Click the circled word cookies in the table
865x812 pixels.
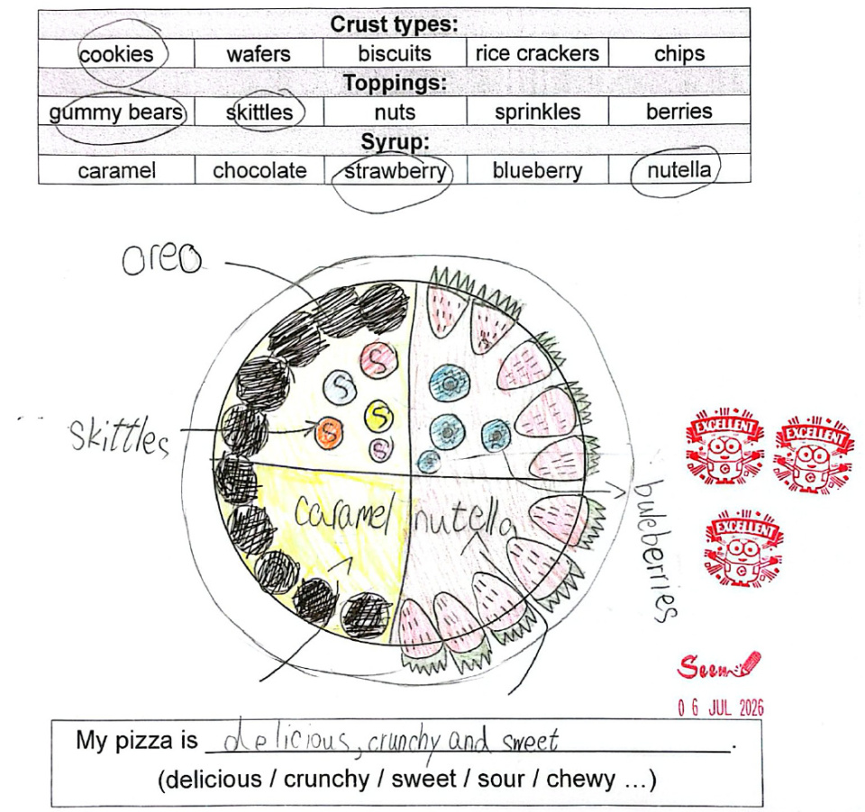click(x=116, y=54)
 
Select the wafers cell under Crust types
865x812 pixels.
click(x=259, y=54)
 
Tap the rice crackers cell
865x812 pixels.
click(x=537, y=53)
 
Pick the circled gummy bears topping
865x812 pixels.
click(x=116, y=113)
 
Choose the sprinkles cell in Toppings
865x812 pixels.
click(x=537, y=112)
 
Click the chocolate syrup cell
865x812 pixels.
click(x=259, y=170)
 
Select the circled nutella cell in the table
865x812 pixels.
click(x=678, y=170)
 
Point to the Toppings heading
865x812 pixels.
click(x=395, y=83)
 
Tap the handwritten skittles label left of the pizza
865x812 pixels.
click(x=119, y=438)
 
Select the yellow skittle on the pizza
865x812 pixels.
click(x=378, y=415)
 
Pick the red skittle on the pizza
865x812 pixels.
click(x=378, y=358)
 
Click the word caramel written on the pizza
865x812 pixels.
click(x=343, y=514)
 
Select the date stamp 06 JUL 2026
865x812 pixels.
click(x=721, y=708)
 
